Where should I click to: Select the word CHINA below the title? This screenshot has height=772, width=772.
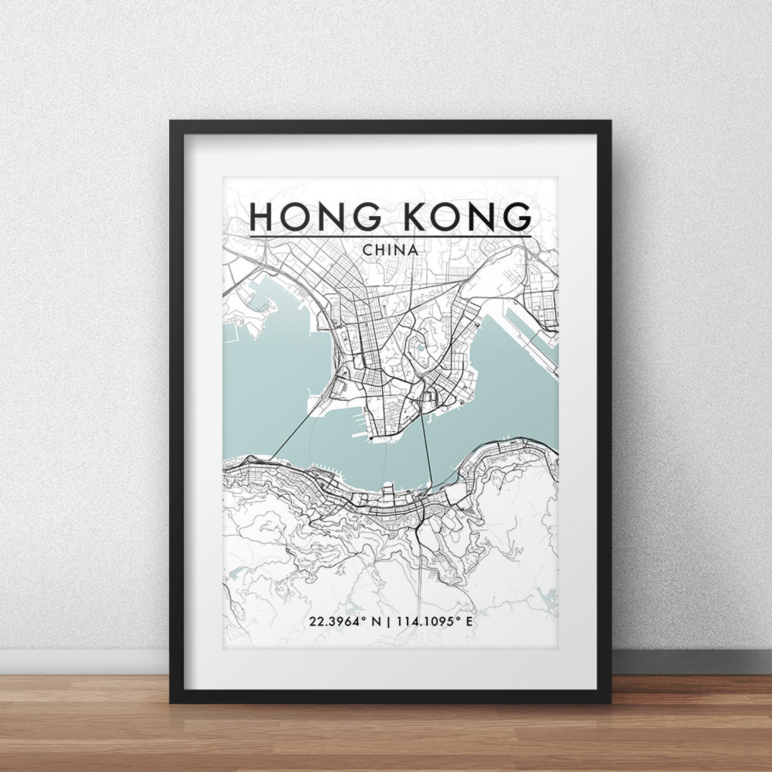(x=390, y=250)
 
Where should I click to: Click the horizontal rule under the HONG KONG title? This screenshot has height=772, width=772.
(x=390, y=237)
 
